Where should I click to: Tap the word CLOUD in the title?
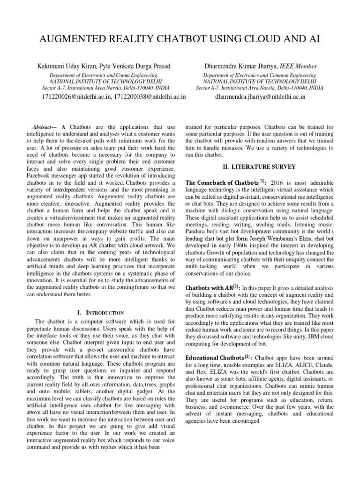253,39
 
